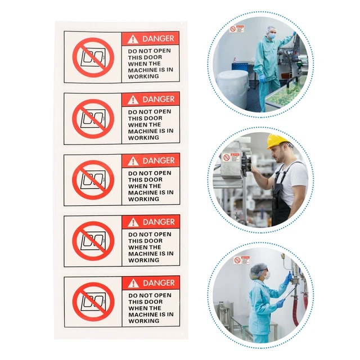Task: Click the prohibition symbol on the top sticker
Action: click(x=93, y=57)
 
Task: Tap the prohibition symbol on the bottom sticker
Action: click(x=93, y=302)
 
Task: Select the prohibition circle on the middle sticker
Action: click(x=93, y=180)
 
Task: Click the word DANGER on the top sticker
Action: click(x=158, y=39)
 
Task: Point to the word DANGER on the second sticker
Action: click(x=158, y=100)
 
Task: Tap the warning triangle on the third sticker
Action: click(x=133, y=161)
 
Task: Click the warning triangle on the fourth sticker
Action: click(x=133, y=222)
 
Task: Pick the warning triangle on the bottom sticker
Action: click(x=133, y=283)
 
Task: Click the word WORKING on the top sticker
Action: click(x=143, y=76)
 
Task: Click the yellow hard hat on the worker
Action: click(x=277, y=141)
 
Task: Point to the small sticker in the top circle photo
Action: click(x=236, y=29)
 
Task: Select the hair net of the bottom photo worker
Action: click(x=258, y=269)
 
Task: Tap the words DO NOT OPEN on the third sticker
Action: click(x=149, y=173)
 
